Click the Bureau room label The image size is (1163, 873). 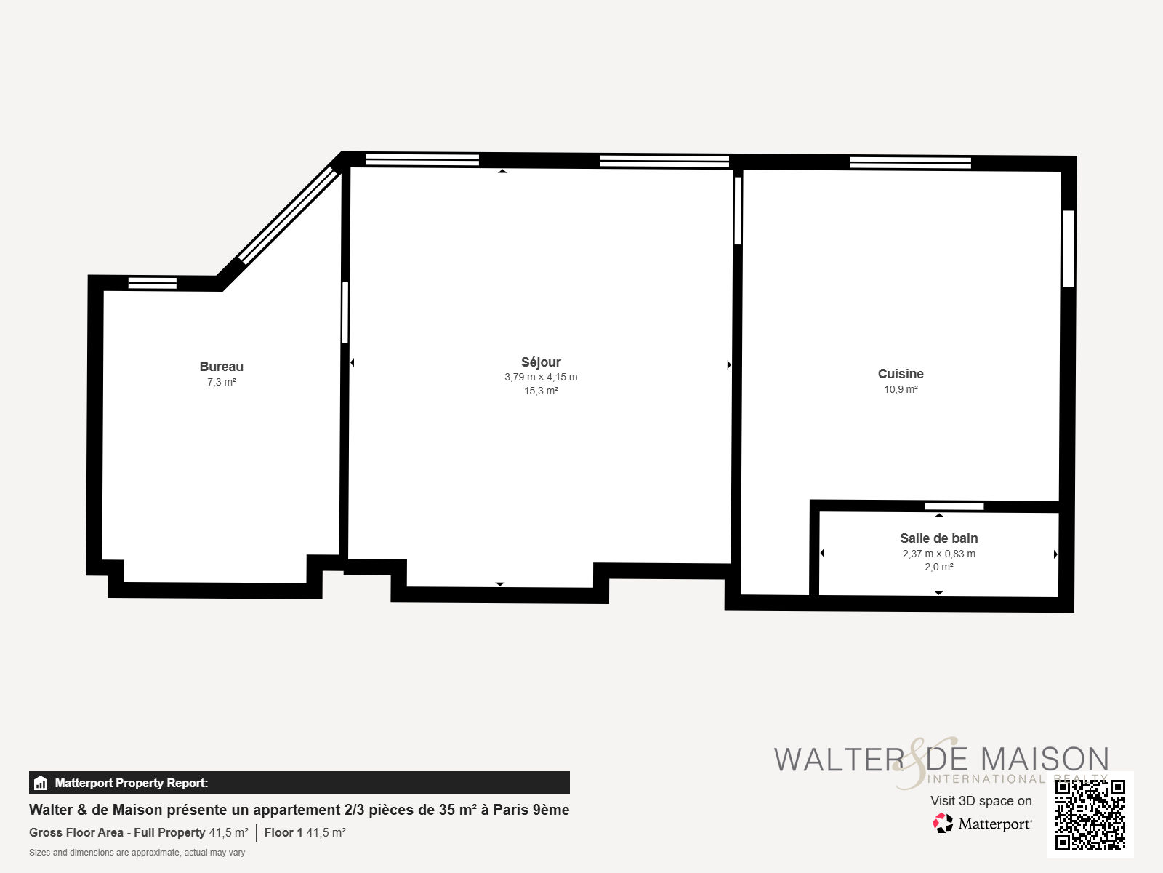click(x=222, y=366)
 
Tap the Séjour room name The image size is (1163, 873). click(x=541, y=362)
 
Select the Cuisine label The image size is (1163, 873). click(x=901, y=374)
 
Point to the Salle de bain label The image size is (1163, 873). click(x=939, y=538)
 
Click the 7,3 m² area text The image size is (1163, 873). click(x=222, y=382)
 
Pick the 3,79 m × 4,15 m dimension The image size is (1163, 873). click(x=541, y=377)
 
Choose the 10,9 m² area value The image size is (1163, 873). click(x=901, y=390)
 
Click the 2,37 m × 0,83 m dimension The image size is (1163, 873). click(x=939, y=554)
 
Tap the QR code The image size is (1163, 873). click(x=1090, y=815)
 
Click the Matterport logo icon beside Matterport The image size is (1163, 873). click(x=943, y=824)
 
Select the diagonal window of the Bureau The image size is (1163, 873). click(x=289, y=216)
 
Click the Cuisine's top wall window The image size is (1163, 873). click(x=910, y=162)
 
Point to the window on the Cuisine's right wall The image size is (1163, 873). click(x=1069, y=249)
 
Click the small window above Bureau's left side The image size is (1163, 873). click(x=153, y=283)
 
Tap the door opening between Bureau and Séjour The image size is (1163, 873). click(x=345, y=312)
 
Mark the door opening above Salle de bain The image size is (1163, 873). click(x=954, y=506)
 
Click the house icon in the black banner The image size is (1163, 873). click(x=41, y=783)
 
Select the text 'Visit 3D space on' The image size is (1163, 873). click(x=981, y=801)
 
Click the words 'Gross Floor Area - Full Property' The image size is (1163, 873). click(x=117, y=832)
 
